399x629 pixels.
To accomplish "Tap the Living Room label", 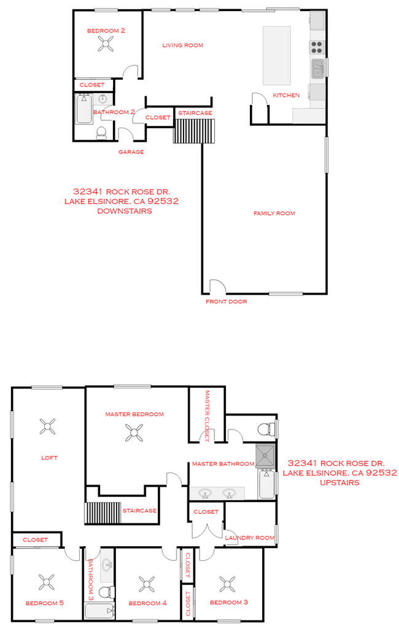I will point(182,45).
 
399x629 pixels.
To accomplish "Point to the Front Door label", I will point(226,301).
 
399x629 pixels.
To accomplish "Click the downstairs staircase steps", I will point(195,131).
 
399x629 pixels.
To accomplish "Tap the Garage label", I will point(131,152).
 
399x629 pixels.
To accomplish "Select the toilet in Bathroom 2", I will point(102,132).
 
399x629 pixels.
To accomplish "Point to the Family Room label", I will point(274,214).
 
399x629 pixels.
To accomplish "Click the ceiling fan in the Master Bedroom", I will point(134,434).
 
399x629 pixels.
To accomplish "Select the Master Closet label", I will point(207,415).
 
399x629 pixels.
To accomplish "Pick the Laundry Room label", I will point(249,538).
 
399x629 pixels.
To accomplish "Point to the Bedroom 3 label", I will point(229,603).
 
